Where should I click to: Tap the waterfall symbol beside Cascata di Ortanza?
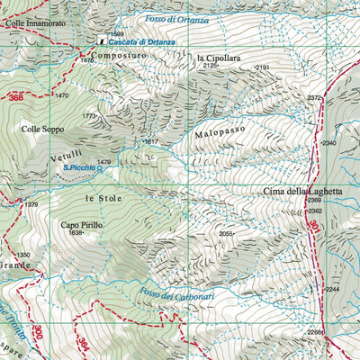click(x=102, y=42)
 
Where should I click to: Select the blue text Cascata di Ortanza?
click(x=142, y=42)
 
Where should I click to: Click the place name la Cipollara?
click(x=219, y=58)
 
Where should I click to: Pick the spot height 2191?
click(x=262, y=67)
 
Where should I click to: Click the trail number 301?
click(x=314, y=226)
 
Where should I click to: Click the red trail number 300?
click(x=37, y=332)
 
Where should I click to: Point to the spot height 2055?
click(x=225, y=234)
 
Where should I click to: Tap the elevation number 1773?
click(x=88, y=116)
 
